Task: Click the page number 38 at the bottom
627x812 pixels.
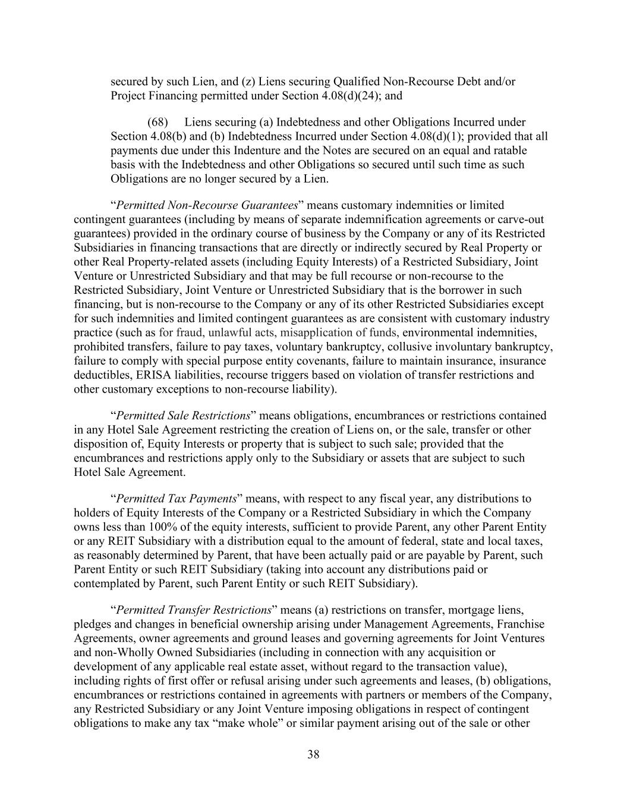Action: (313, 755)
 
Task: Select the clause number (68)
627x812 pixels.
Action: (159, 122)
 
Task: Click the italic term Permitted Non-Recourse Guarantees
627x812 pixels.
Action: (207, 205)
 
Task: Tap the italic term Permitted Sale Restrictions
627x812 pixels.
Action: (183, 415)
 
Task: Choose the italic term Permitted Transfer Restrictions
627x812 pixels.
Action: (194, 610)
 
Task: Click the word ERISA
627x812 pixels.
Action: (144, 375)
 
